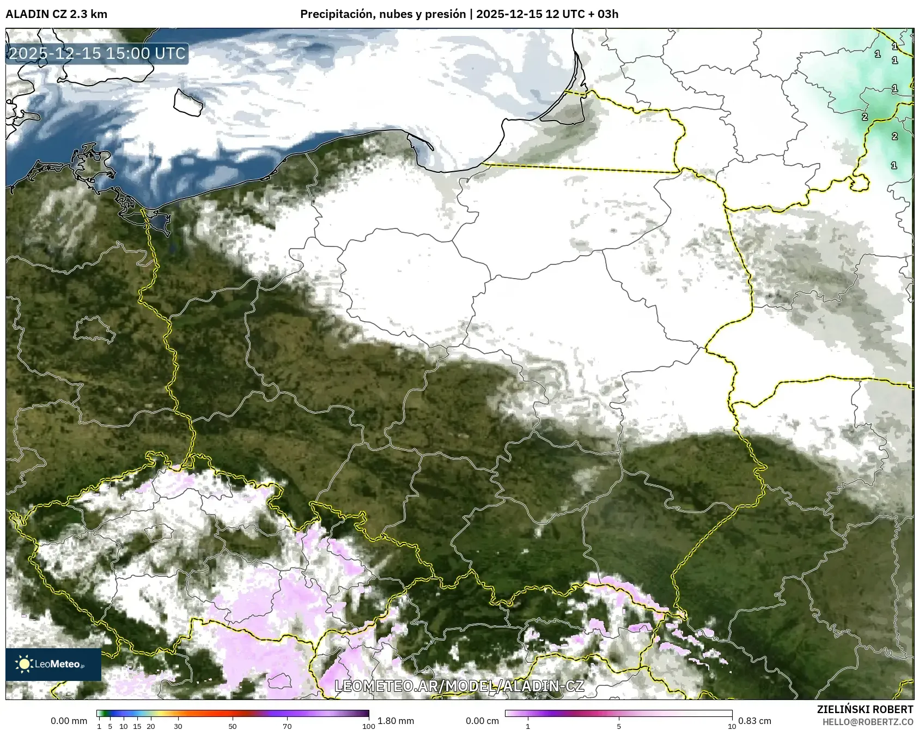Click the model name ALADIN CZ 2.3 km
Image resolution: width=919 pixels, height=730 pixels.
(56, 14)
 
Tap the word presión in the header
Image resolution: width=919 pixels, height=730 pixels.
(445, 14)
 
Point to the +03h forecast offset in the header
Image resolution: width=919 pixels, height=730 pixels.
(607, 14)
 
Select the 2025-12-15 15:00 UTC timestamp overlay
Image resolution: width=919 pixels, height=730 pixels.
(97, 53)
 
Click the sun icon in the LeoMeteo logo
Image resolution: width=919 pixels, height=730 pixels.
(24, 664)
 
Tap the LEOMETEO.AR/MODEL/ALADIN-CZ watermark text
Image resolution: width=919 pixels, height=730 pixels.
(459, 686)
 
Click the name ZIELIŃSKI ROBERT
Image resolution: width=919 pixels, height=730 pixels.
(865, 709)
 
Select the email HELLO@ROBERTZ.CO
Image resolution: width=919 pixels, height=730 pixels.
(867, 722)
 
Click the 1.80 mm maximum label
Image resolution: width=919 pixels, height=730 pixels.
(395, 721)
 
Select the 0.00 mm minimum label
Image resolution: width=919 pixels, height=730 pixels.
(69, 721)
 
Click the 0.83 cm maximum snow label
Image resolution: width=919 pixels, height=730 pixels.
(754, 721)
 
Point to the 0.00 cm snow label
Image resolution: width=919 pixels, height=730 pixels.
(482, 721)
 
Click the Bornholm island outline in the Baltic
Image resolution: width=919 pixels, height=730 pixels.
(188, 102)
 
